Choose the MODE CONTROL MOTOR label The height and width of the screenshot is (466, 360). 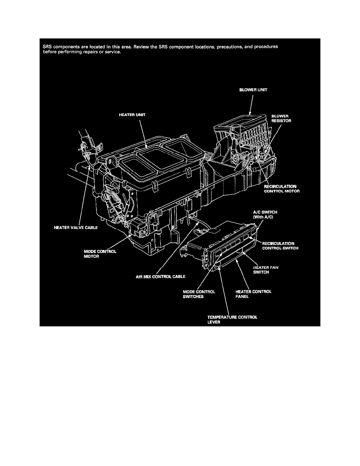click(x=100, y=254)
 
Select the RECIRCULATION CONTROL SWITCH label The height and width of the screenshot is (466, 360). click(x=281, y=246)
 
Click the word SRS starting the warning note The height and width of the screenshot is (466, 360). click(x=47, y=46)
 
